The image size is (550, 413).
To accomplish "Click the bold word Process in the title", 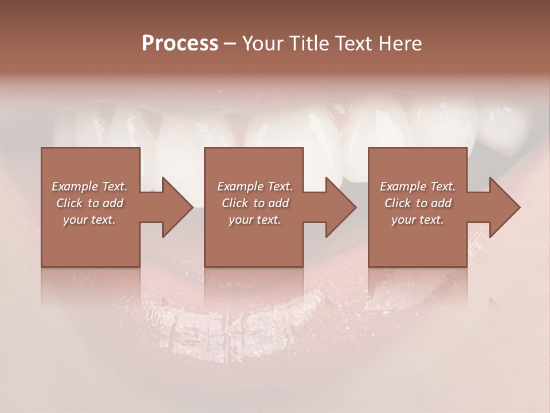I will pyautogui.click(x=180, y=44).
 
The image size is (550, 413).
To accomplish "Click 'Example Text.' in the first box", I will pyautogui.click(x=89, y=186).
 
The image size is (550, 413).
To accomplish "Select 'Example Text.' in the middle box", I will pyautogui.click(x=255, y=186).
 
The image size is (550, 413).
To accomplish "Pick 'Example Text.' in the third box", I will pyautogui.click(x=418, y=186).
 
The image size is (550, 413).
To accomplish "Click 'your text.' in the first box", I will pyautogui.click(x=89, y=220).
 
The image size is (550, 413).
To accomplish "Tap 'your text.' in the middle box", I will pyautogui.click(x=255, y=220).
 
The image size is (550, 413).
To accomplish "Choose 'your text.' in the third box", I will pyautogui.click(x=418, y=220).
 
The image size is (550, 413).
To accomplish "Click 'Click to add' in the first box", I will pyautogui.click(x=89, y=203).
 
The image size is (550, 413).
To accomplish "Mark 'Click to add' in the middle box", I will pyautogui.click(x=255, y=203).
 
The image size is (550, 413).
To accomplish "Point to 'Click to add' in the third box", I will pyautogui.click(x=418, y=203).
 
